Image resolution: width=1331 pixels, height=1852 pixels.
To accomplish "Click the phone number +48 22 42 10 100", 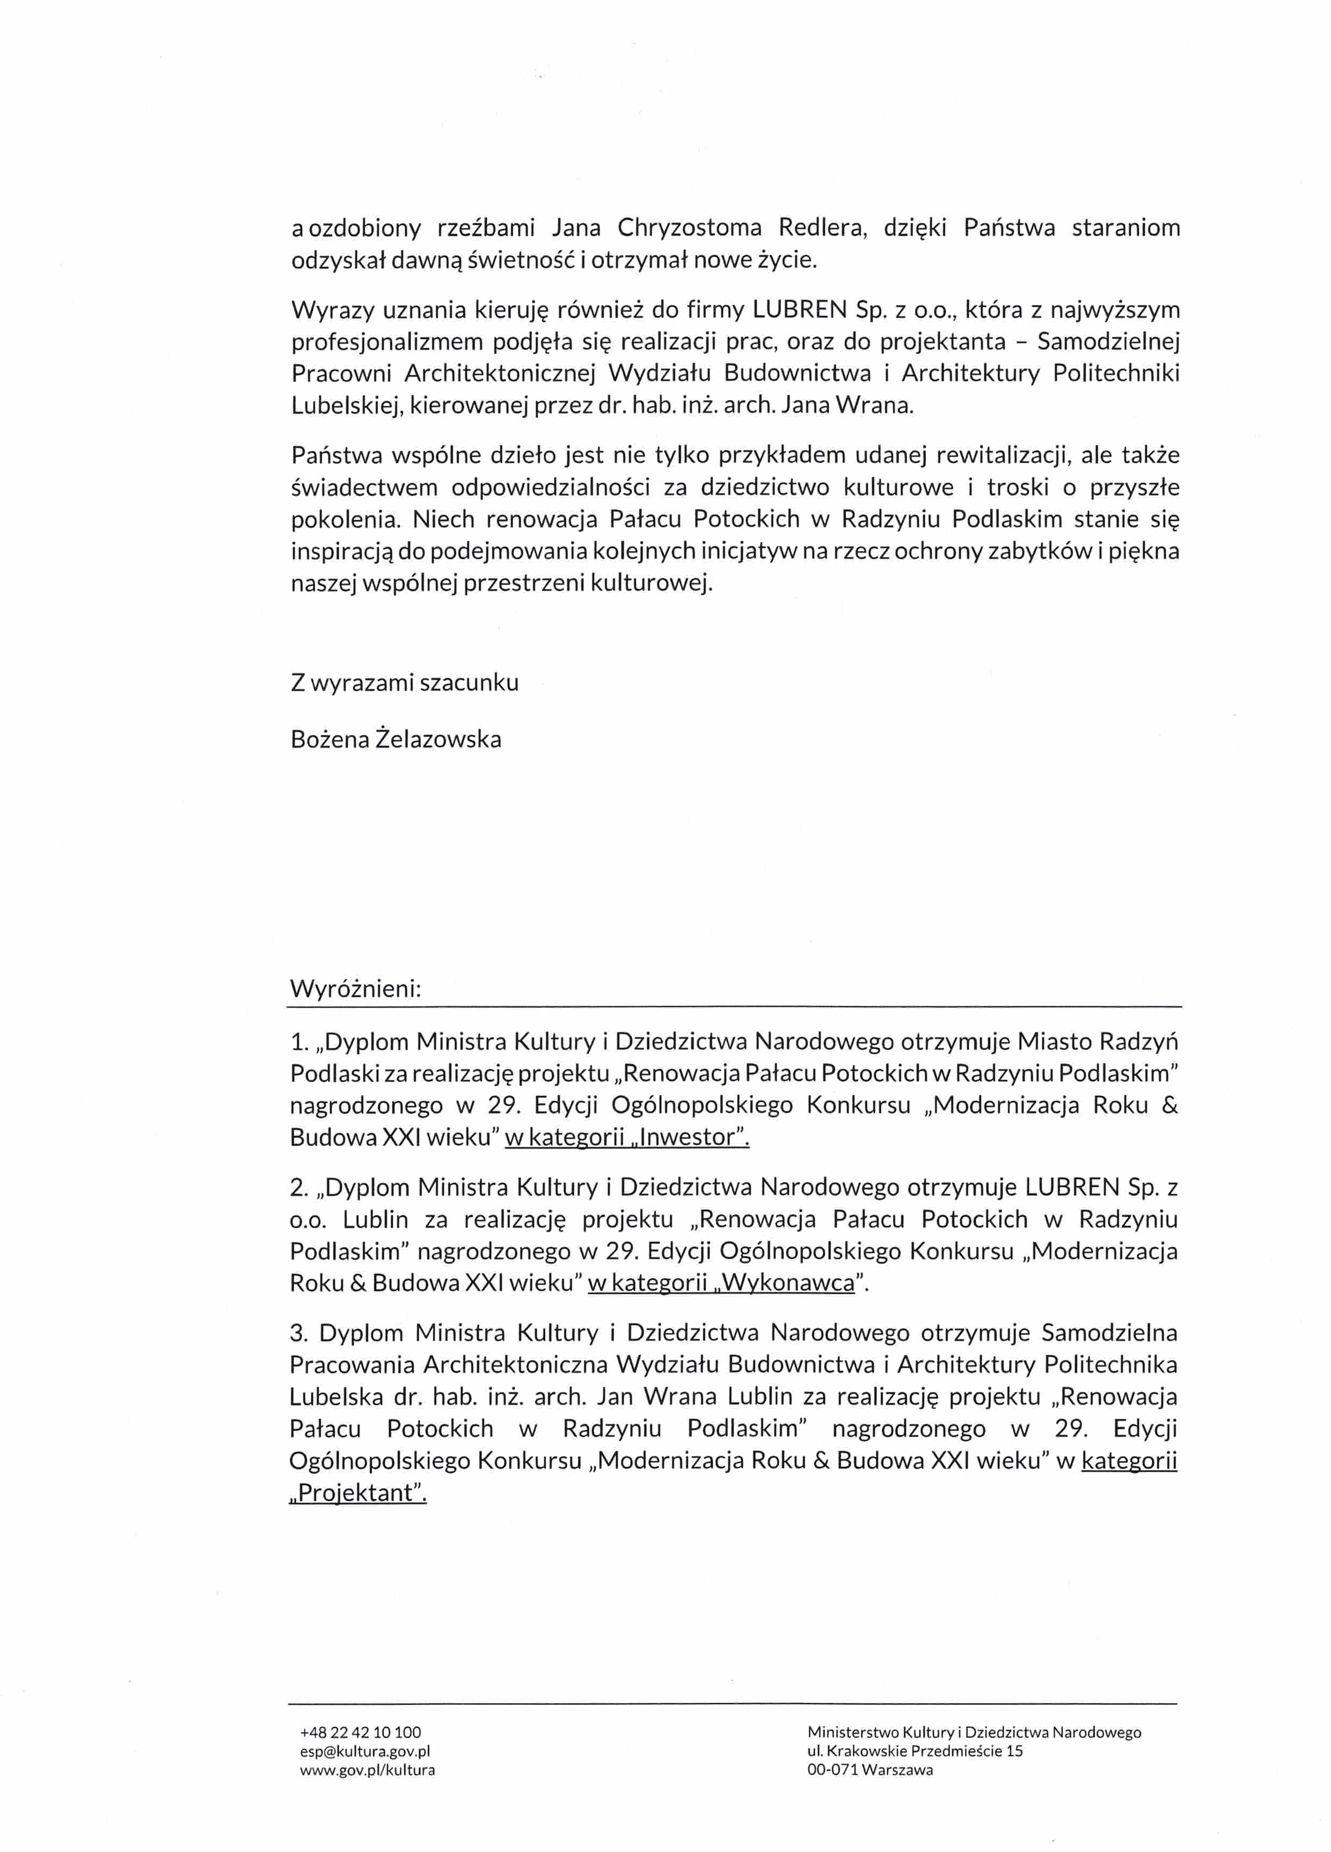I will coord(360,1731).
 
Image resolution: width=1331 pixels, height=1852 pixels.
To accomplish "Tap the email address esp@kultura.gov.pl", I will coord(365,1750).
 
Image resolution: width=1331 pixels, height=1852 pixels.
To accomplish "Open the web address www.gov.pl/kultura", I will coord(368,1769).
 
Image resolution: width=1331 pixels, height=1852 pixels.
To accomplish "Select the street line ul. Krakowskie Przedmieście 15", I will coord(915,1750).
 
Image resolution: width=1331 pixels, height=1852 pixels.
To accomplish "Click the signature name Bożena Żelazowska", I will coord(396,739).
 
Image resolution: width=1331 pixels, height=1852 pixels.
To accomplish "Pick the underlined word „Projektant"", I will coord(359,1493).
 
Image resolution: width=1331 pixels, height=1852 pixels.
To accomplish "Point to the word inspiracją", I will coord(341,551).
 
